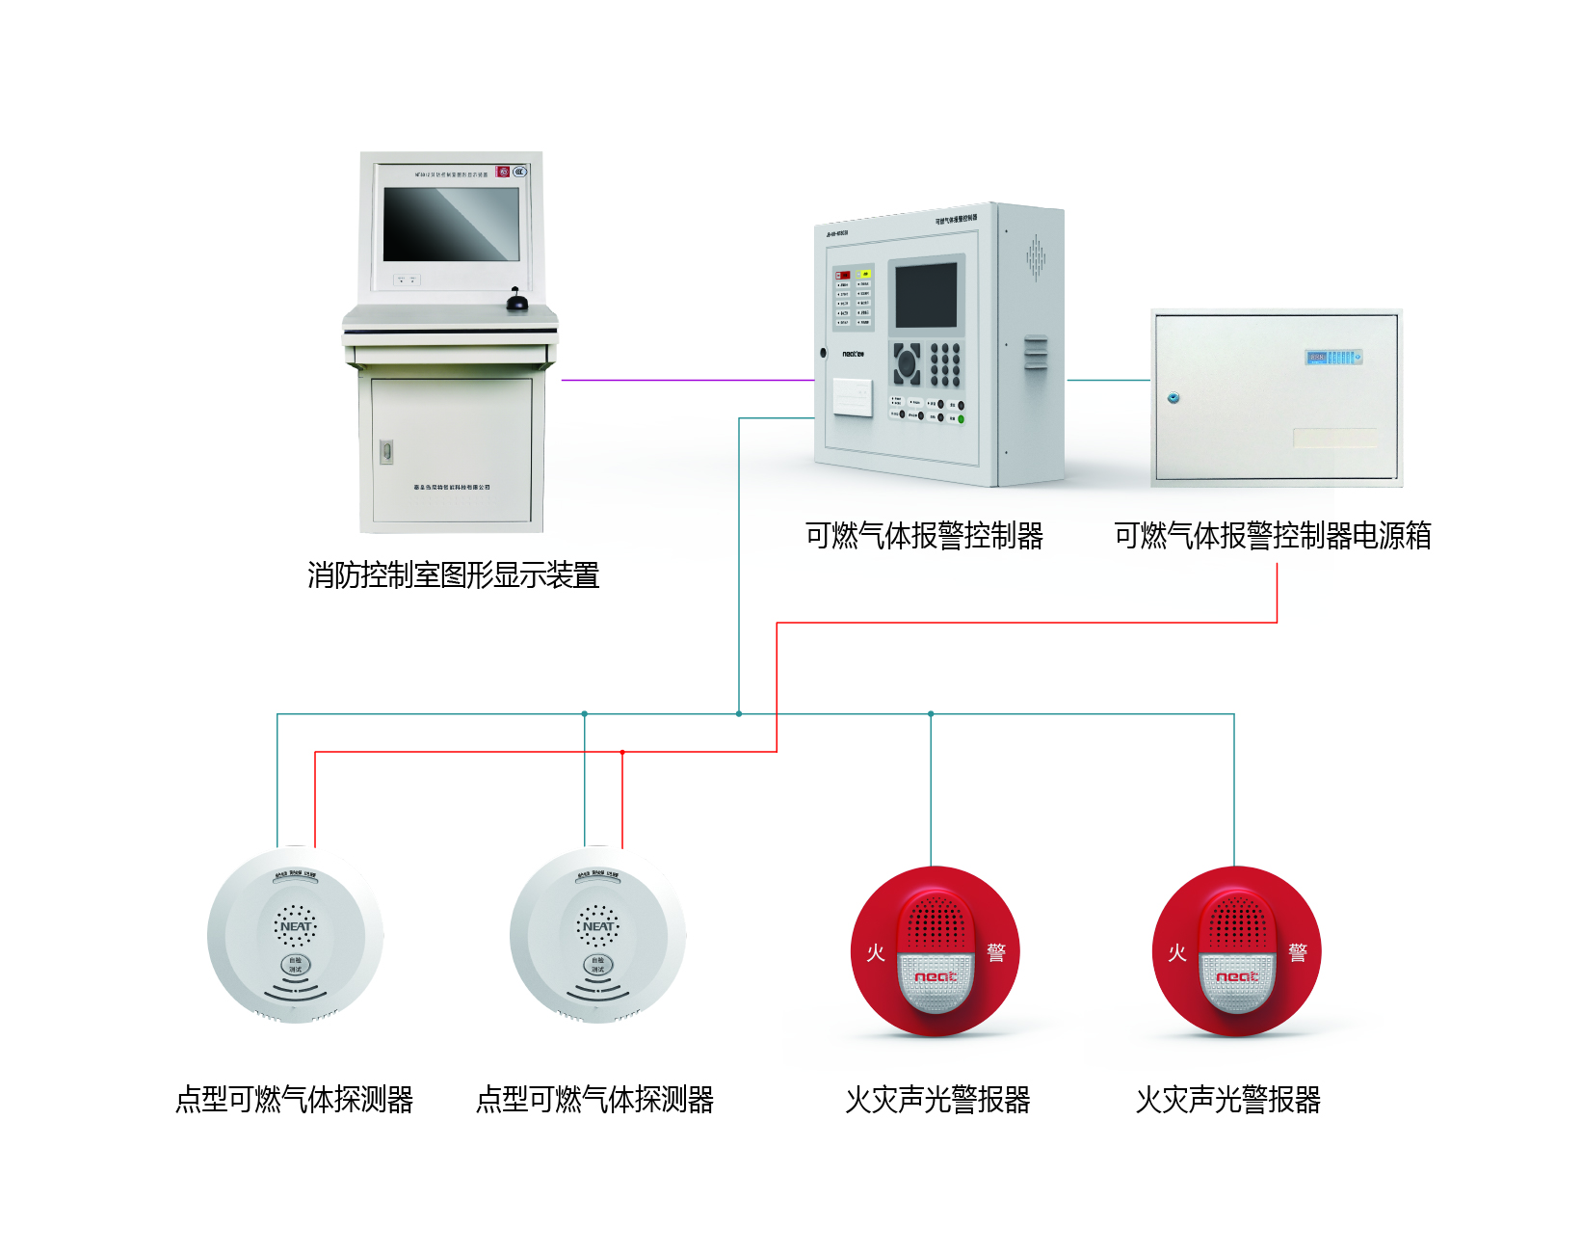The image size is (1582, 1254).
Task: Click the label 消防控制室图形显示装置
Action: tap(453, 575)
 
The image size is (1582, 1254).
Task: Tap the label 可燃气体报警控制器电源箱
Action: tap(1272, 535)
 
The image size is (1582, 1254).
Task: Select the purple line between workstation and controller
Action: tap(687, 381)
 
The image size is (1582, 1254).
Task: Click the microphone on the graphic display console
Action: tap(517, 301)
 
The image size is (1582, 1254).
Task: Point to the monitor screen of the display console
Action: tap(451, 224)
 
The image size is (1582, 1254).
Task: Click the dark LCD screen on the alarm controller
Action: tap(926, 296)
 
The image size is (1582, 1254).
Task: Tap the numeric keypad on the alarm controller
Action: tap(945, 364)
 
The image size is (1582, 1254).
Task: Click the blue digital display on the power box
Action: tap(1333, 358)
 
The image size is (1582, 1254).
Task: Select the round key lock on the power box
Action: tap(1173, 397)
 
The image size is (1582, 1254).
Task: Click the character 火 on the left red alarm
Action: tap(875, 953)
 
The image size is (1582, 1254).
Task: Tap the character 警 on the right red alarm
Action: tap(1298, 953)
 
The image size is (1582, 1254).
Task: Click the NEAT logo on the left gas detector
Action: tap(296, 926)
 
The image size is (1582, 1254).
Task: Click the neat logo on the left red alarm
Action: tap(935, 977)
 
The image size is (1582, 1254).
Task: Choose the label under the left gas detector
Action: tap(294, 1099)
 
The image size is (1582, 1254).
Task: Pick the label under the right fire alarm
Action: tap(1227, 1099)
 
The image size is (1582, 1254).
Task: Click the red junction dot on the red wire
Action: tap(622, 752)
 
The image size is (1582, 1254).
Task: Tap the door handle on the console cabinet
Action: tap(386, 450)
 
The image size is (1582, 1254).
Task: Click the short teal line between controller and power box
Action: tap(1109, 380)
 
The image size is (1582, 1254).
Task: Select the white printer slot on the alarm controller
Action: tap(853, 396)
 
